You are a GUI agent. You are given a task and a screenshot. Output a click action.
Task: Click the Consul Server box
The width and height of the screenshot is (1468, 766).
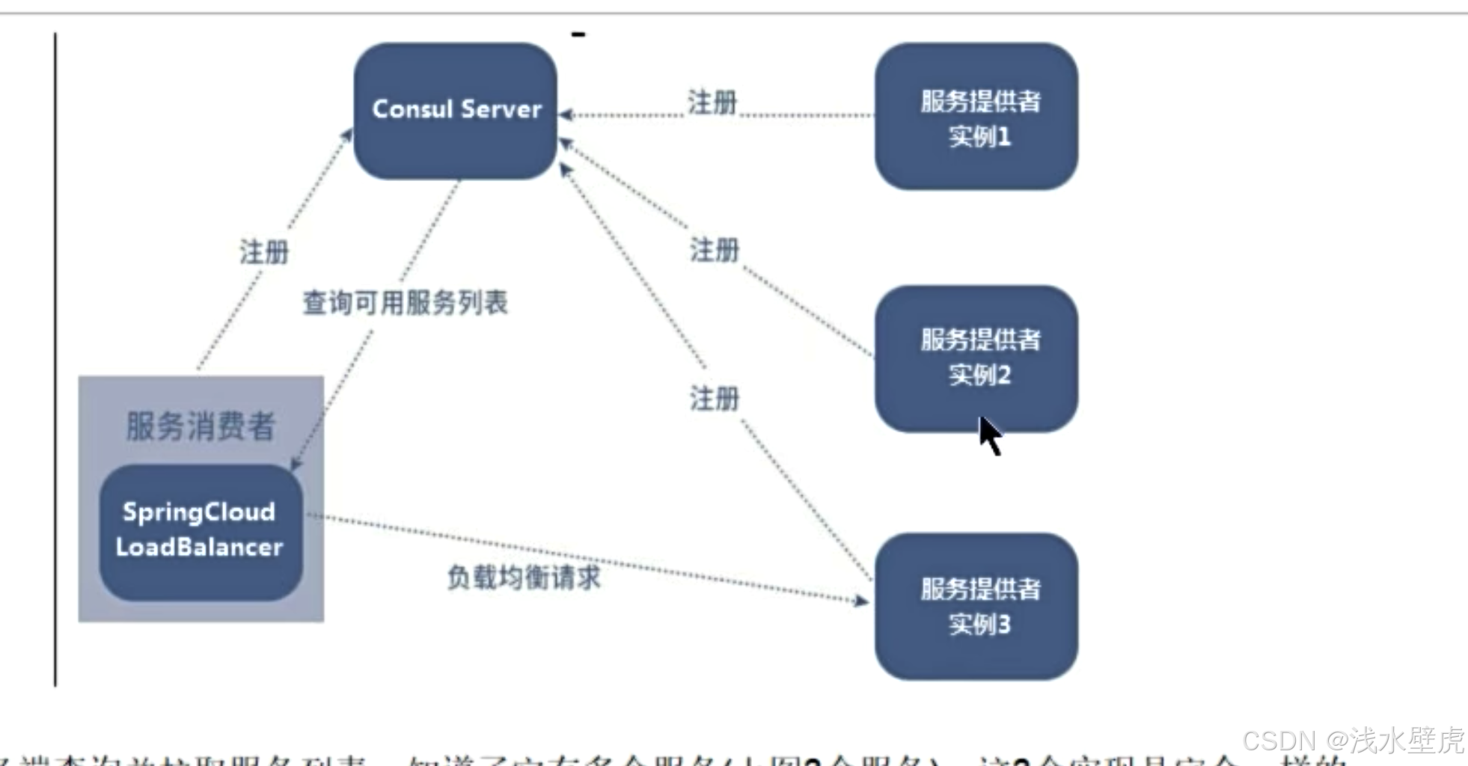(x=456, y=111)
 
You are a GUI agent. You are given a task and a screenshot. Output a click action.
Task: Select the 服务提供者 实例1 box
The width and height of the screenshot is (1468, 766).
(x=976, y=117)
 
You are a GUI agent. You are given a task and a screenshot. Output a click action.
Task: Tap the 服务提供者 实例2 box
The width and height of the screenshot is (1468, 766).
(x=976, y=358)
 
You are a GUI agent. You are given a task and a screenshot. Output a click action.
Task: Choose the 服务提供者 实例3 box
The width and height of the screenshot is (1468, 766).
(x=976, y=606)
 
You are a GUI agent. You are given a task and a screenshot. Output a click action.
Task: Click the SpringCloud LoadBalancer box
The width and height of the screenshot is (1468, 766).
(x=201, y=531)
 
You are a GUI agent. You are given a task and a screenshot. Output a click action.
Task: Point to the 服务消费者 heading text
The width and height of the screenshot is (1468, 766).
(x=201, y=426)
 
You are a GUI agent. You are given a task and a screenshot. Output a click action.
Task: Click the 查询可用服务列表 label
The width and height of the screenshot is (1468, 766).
(x=405, y=303)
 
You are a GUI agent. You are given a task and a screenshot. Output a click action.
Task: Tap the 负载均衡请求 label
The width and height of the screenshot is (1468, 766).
(x=524, y=577)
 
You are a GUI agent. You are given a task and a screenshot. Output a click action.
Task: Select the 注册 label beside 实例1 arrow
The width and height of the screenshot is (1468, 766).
(x=712, y=102)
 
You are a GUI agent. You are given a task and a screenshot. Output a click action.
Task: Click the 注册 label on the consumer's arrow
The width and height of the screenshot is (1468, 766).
(x=264, y=252)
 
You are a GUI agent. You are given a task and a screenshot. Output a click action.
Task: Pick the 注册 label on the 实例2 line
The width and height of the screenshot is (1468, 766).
(x=715, y=250)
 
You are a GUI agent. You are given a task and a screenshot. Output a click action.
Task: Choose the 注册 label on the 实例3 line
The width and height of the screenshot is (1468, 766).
(x=715, y=399)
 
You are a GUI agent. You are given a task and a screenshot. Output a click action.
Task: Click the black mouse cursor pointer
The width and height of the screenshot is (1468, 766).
(x=990, y=435)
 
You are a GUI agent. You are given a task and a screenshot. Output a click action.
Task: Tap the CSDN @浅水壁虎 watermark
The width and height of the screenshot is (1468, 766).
(x=1353, y=741)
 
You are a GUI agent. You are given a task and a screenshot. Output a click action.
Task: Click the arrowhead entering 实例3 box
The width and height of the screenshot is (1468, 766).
(x=861, y=600)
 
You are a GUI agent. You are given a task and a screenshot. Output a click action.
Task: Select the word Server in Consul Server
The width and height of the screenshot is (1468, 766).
(x=501, y=109)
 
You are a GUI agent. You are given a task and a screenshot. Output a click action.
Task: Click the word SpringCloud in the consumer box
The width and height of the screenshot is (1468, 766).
(x=199, y=512)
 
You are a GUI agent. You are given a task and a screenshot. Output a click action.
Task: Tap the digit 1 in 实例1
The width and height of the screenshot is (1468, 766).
(x=1004, y=137)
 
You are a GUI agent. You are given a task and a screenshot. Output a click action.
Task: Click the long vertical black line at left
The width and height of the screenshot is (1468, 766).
(x=55, y=359)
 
